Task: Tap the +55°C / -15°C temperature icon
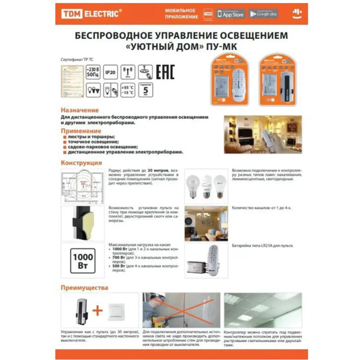click(x=128, y=91)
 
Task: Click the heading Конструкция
click(x=82, y=163)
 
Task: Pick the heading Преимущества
click(x=86, y=287)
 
